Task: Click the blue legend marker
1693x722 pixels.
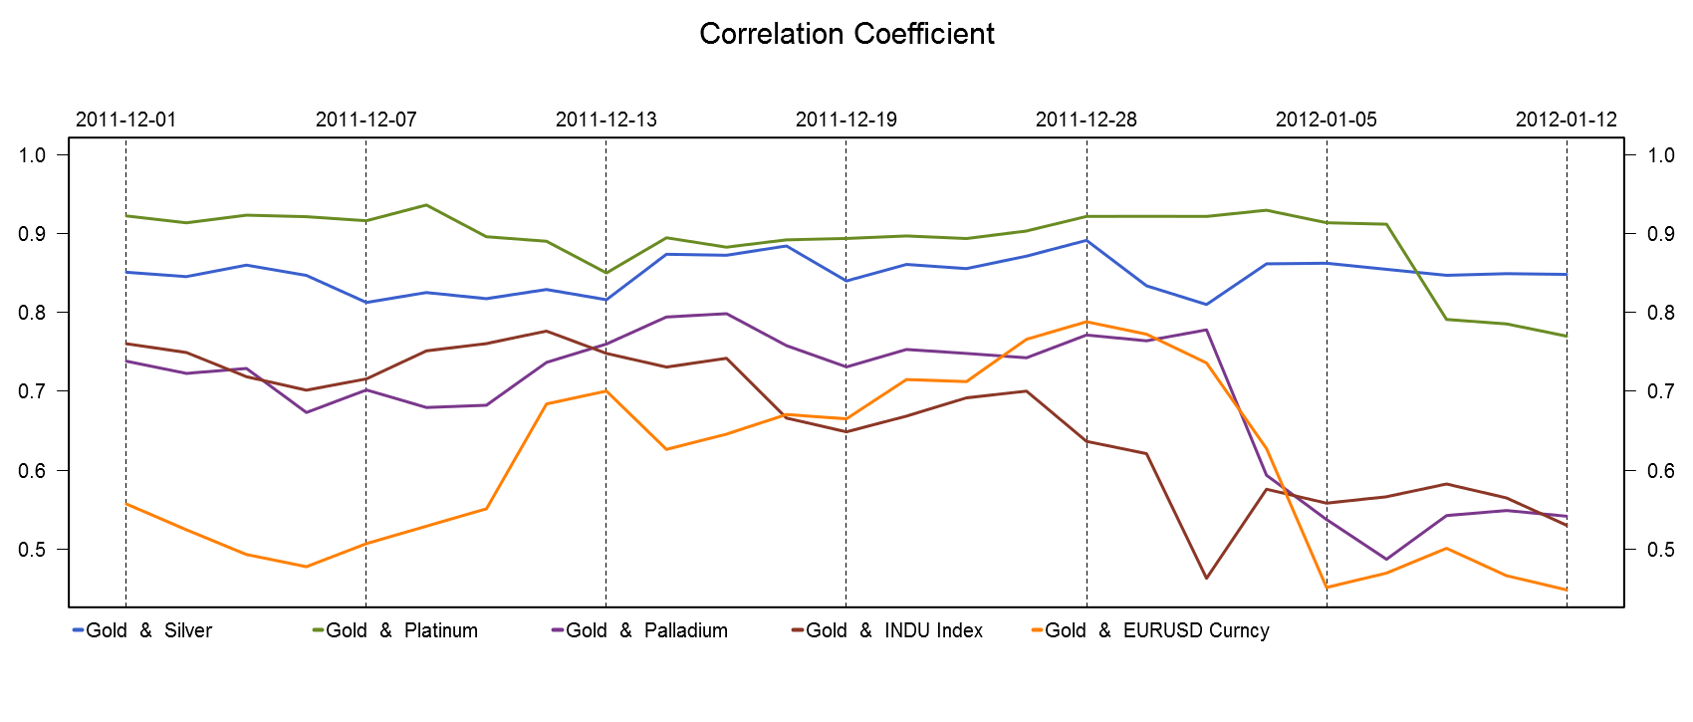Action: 79,629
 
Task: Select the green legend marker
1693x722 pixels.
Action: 319,629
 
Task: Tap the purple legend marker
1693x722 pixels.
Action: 558,629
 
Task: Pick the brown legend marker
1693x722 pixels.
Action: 798,629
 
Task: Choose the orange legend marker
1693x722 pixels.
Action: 1038,629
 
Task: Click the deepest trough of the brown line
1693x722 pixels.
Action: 1206,578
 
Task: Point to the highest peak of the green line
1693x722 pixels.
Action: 426,205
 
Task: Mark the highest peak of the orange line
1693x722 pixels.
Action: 1087,322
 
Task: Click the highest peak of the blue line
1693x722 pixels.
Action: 1087,240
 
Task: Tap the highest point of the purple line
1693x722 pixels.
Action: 726,314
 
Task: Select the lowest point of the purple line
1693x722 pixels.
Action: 1386,559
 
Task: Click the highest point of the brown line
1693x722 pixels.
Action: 546,331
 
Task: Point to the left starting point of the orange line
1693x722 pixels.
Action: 125,503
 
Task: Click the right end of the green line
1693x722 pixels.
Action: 1567,336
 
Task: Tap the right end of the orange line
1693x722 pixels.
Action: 1567,590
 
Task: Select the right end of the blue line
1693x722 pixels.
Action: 1567,274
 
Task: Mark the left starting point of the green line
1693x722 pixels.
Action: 125,216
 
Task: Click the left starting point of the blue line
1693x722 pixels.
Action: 125,272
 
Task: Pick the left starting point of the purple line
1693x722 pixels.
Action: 125,361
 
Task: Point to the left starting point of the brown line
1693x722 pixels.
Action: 125,344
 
